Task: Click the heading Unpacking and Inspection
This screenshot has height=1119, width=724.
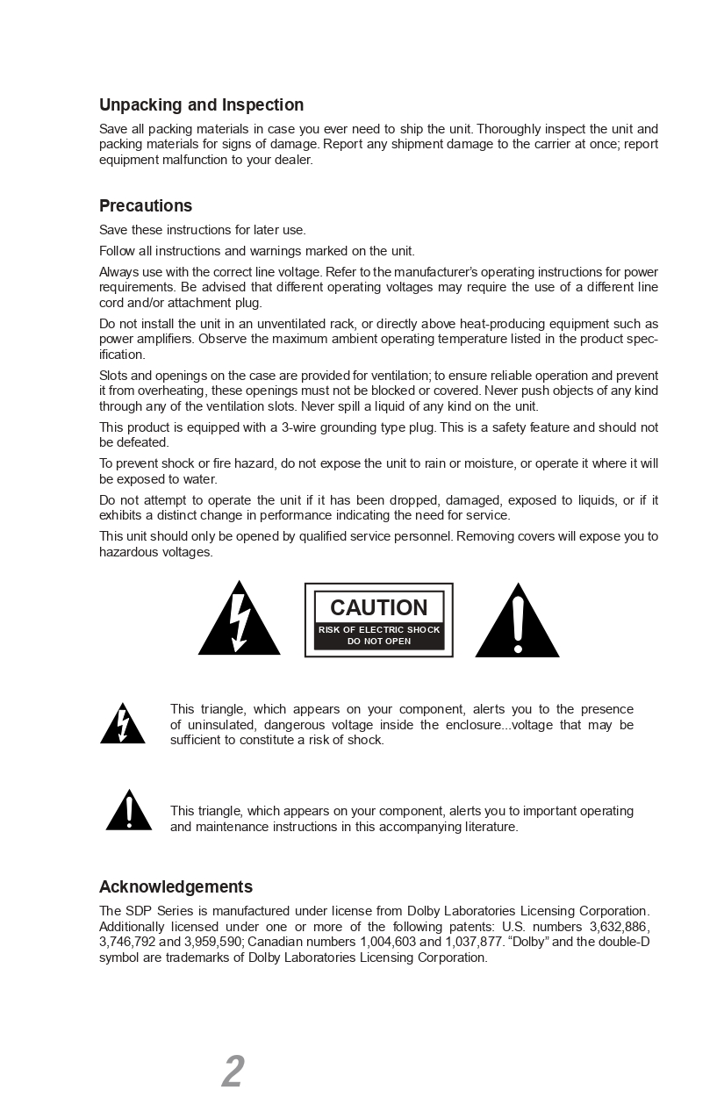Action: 201,105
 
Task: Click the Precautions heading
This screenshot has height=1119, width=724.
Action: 146,206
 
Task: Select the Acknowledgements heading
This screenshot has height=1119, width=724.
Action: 176,886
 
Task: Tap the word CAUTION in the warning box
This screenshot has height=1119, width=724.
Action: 378,607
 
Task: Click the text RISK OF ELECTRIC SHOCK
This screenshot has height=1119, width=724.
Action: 379,629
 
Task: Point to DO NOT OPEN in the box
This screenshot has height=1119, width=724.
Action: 379,641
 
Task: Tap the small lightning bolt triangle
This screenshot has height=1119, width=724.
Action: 123,725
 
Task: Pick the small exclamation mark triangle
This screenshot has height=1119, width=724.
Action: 129,812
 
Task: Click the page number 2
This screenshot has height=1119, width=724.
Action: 233,1072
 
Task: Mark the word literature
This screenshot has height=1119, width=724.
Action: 490,827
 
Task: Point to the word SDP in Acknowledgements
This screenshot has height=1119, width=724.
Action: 139,911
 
